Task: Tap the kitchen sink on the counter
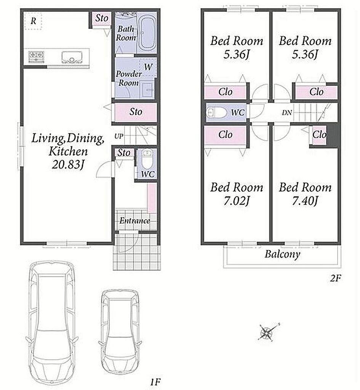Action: tap(72, 57)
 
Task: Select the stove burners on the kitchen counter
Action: tap(36, 56)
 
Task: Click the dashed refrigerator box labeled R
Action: tap(33, 21)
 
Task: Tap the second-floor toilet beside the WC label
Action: tap(216, 113)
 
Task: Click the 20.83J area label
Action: tap(68, 164)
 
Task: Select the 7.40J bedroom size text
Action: tap(305, 201)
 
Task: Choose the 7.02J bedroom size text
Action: tap(236, 201)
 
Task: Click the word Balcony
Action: tap(282, 254)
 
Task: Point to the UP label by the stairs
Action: tap(119, 136)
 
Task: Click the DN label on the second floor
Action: tap(286, 113)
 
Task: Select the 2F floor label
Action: tap(335, 278)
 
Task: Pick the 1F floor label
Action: tap(155, 382)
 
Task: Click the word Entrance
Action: tap(134, 221)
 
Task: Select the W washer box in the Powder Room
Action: tap(148, 67)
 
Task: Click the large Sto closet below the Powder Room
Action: tap(136, 112)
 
